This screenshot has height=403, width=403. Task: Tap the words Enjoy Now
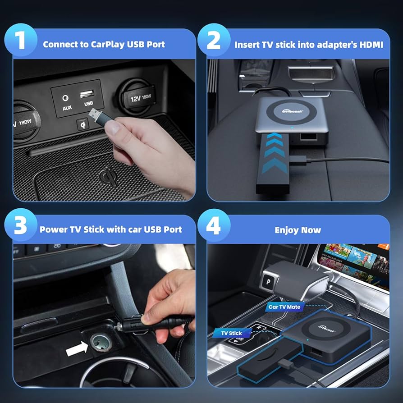pyautogui.click(x=298, y=230)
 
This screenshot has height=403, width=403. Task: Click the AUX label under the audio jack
pyautogui.click(x=67, y=108)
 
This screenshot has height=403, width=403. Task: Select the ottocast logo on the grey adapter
pyautogui.click(x=293, y=110)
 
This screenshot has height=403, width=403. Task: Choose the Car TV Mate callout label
pyautogui.click(x=285, y=307)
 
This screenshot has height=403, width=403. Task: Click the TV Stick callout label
pyautogui.click(x=232, y=333)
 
